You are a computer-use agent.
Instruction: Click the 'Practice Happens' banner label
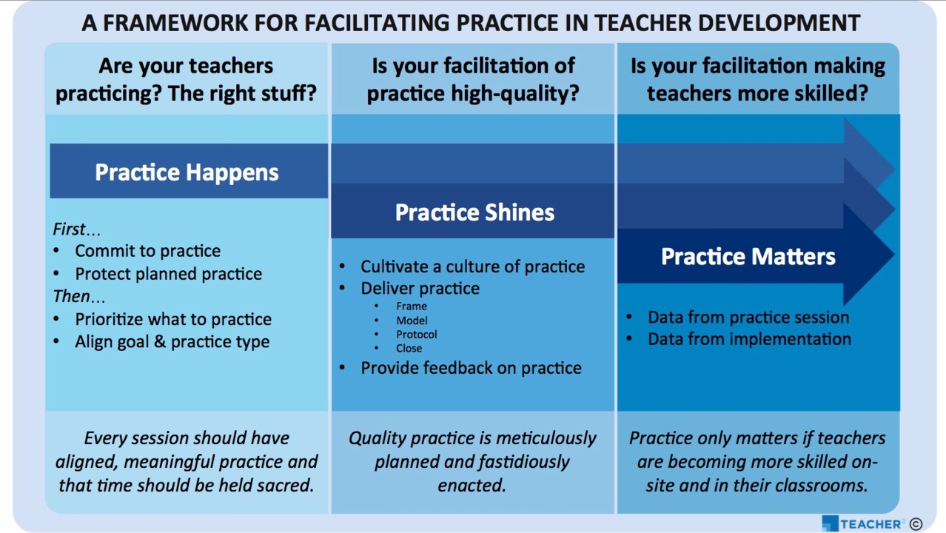[187, 172]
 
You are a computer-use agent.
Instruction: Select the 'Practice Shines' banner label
[474, 212]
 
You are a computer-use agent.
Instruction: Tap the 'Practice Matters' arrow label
[748, 256]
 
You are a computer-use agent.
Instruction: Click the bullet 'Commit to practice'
[147, 251]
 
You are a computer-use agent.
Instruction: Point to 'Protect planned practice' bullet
[168, 274]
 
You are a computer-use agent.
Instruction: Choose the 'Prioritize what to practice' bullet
[173, 319]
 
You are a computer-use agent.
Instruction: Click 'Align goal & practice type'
[172, 342]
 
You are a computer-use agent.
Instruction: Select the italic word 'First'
[69, 229]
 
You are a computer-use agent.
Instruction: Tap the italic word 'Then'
[71, 296]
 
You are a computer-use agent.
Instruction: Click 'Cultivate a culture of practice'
[472, 266]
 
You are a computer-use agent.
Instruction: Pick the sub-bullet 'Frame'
[411, 306]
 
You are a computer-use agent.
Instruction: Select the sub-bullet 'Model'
[412, 320]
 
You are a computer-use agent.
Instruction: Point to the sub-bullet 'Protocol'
[416, 334]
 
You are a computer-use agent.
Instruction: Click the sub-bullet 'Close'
[409, 348]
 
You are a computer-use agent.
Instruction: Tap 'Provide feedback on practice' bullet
[471, 368]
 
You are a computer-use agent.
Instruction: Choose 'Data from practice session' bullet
[748, 318]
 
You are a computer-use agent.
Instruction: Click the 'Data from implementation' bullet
[749, 339]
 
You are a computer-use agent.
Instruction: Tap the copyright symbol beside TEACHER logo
[916, 524]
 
